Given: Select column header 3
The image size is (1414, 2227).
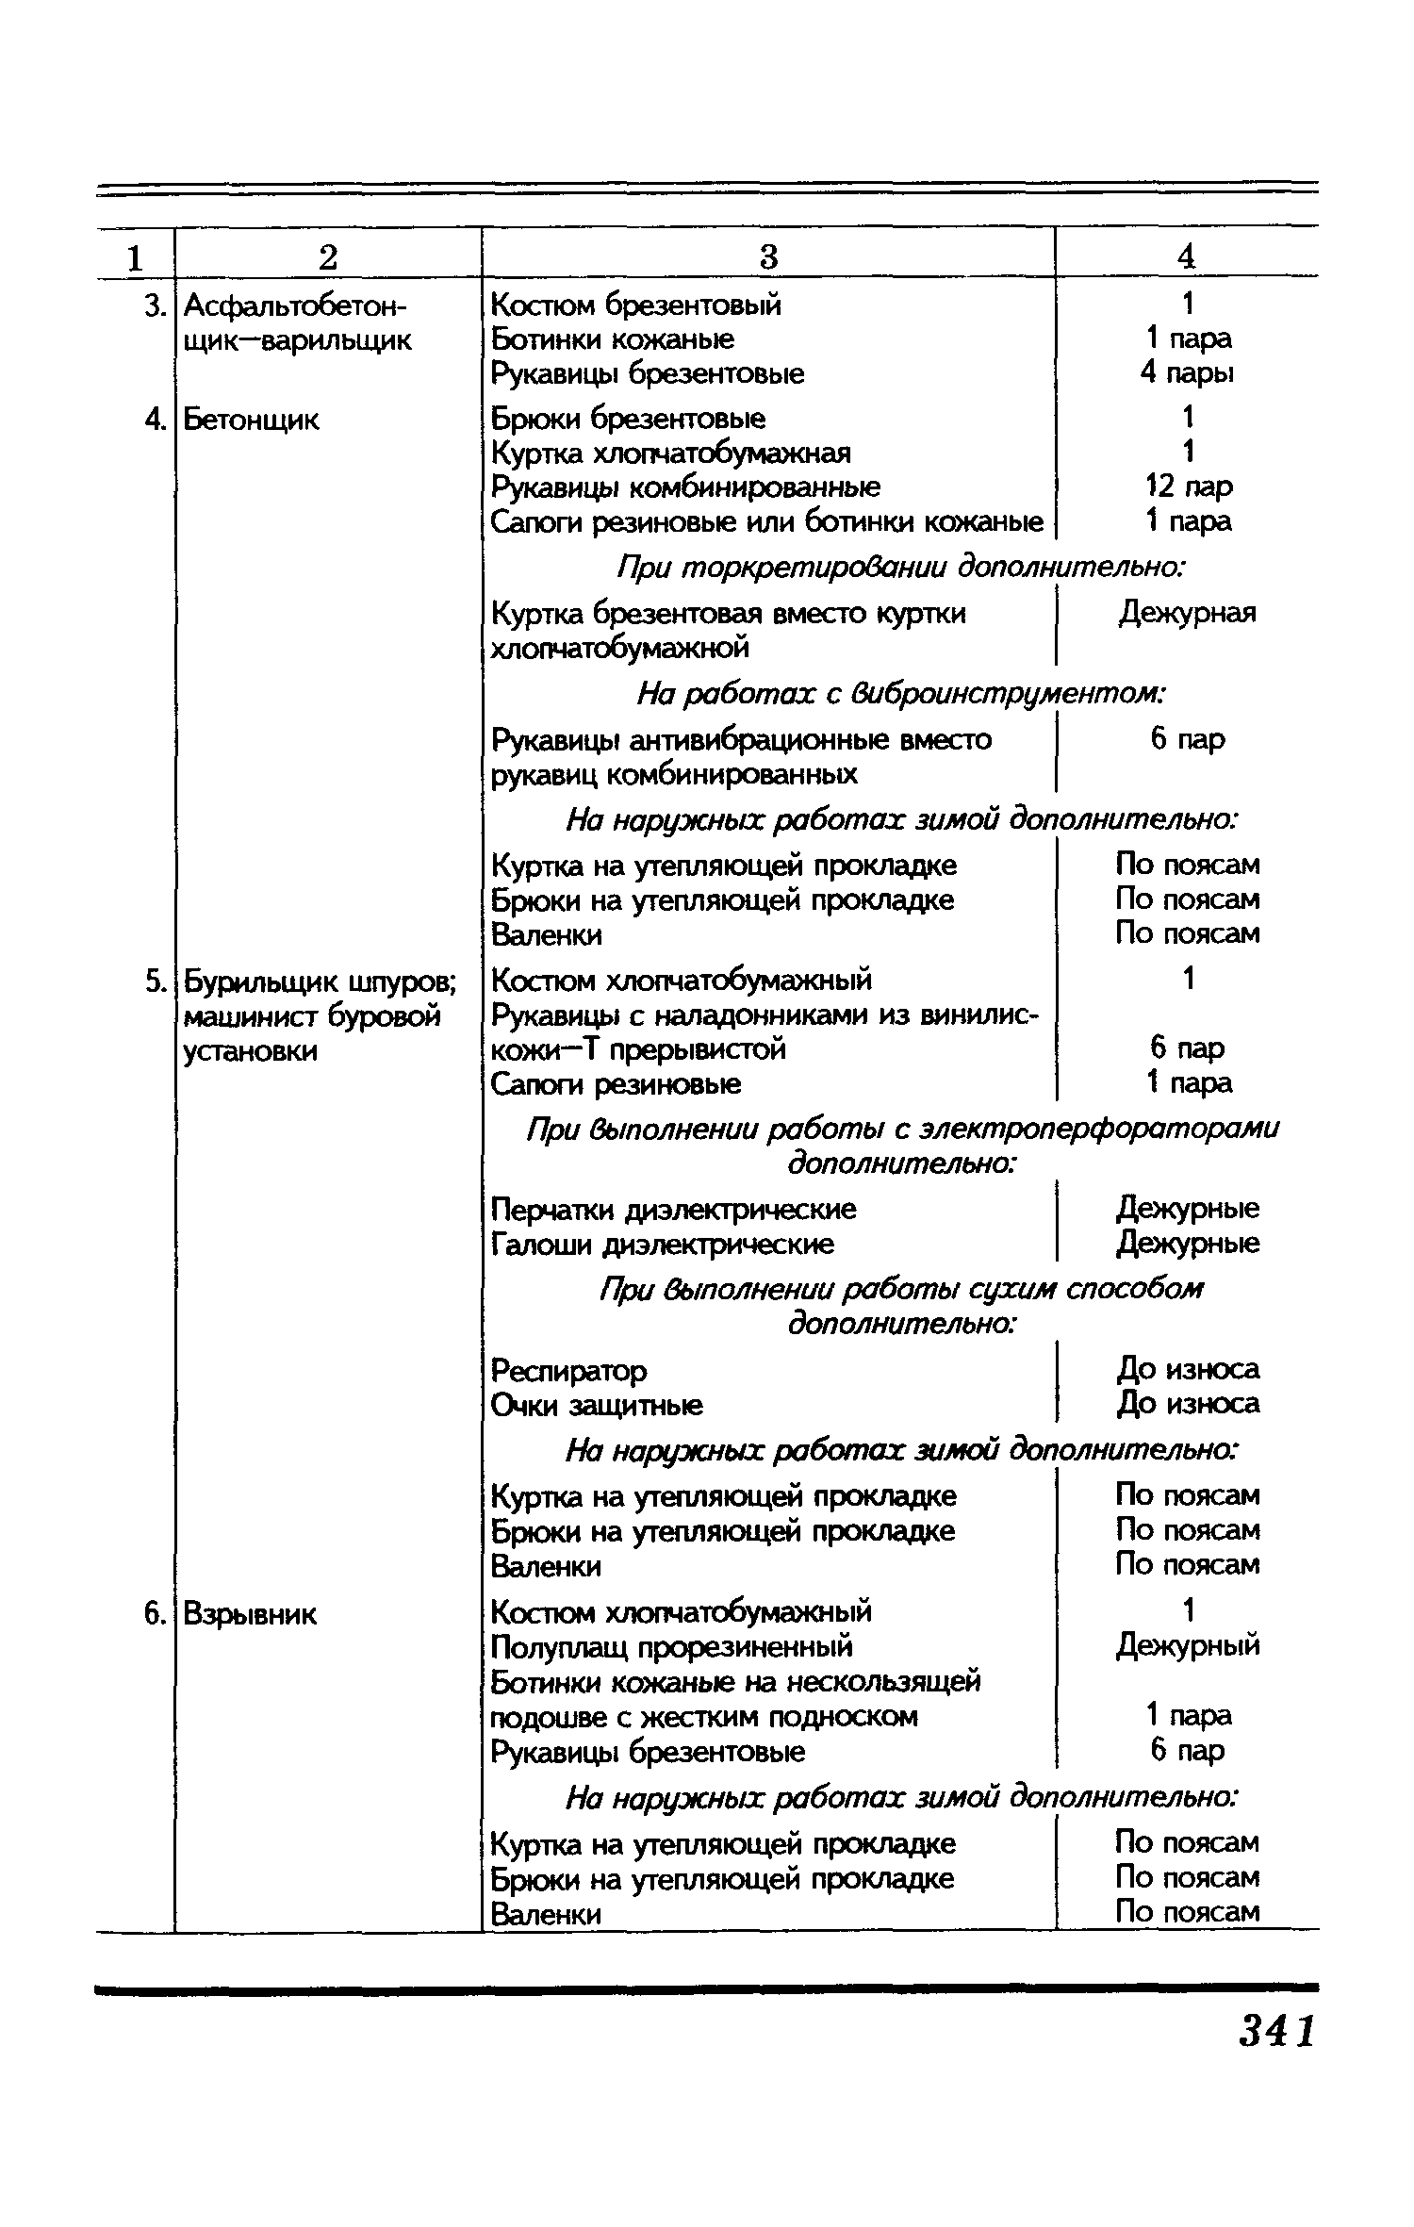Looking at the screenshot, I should click(x=768, y=256).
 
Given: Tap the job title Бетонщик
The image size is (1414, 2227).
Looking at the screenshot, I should click(x=251, y=420).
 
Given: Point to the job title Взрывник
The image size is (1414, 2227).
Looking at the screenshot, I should click(x=250, y=1614).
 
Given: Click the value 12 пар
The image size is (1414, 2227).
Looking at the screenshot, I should click(x=1188, y=487).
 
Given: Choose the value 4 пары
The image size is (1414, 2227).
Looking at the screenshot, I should click(x=1187, y=373).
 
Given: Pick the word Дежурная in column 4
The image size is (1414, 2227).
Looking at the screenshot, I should click(x=1188, y=614).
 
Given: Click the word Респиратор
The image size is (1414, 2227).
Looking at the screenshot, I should click(x=568, y=1370).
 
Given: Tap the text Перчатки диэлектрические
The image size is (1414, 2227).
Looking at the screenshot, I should click(x=674, y=1210).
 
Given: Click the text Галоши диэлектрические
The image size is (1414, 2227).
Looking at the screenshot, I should click(x=663, y=1245).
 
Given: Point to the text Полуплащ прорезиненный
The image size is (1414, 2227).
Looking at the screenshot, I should click(x=672, y=1647).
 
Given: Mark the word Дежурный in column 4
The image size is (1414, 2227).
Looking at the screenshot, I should click(x=1188, y=1646).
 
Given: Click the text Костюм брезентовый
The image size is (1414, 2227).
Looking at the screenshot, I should click(x=636, y=305).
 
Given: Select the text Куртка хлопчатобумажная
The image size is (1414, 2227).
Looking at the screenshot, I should click(x=671, y=454).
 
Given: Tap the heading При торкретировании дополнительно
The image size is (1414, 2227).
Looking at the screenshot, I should click(x=900, y=569).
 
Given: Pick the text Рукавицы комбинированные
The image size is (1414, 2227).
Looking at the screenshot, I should click(x=686, y=487).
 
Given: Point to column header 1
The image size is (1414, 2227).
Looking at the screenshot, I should click(x=136, y=257).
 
